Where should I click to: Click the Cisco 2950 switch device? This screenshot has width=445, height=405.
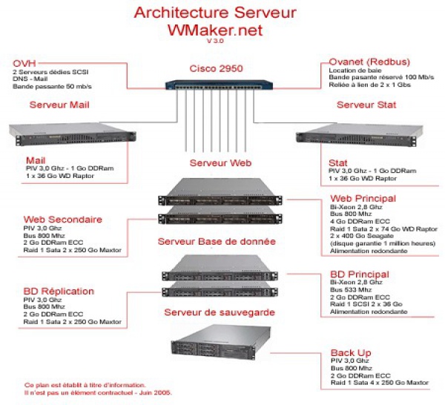(x=219, y=85)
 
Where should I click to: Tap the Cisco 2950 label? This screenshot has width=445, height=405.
(x=217, y=68)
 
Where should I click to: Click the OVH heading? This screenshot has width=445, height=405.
(x=24, y=63)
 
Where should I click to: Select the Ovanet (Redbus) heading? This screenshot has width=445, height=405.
(x=369, y=62)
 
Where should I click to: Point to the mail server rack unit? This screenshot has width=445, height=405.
(x=73, y=134)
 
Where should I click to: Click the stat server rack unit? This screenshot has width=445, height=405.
(x=359, y=135)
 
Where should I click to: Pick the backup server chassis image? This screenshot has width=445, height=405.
(x=221, y=343)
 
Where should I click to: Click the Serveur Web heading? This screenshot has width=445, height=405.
(x=220, y=163)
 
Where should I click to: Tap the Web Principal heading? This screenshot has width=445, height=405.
(x=363, y=198)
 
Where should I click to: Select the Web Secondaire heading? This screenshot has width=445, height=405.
(x=63, y=220)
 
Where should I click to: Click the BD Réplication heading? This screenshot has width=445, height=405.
(x=59, y=292)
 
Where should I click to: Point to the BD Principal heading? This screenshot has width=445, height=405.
(x=360, y=274)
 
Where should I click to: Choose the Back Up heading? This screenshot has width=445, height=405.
(x=351, y=353)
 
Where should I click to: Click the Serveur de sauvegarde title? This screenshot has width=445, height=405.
(x=220, y=312)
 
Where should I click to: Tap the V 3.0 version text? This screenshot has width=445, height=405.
(x=215, y=41)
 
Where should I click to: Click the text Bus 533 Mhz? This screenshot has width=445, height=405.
(x=351, y=290)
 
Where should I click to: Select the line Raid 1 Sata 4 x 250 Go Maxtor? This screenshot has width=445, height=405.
(x=380, y=383)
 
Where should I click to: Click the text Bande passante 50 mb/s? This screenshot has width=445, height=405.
(x=52, y=86)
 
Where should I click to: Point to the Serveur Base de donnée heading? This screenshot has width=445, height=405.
(x=217, y=242)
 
